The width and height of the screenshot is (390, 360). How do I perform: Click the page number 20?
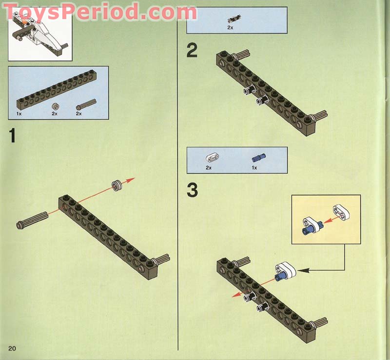12,348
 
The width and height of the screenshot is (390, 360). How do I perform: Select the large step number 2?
192,50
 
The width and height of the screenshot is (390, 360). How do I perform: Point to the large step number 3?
193,190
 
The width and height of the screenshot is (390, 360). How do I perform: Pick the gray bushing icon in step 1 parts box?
55,105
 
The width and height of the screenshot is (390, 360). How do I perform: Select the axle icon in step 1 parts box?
86,104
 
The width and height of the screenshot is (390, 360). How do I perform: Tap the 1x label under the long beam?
19,114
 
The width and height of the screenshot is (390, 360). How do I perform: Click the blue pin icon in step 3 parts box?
257,158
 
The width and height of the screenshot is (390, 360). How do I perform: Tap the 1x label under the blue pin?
254,167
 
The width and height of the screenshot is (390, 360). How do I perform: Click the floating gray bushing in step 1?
117,184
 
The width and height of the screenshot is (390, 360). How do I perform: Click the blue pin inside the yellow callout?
308,228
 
